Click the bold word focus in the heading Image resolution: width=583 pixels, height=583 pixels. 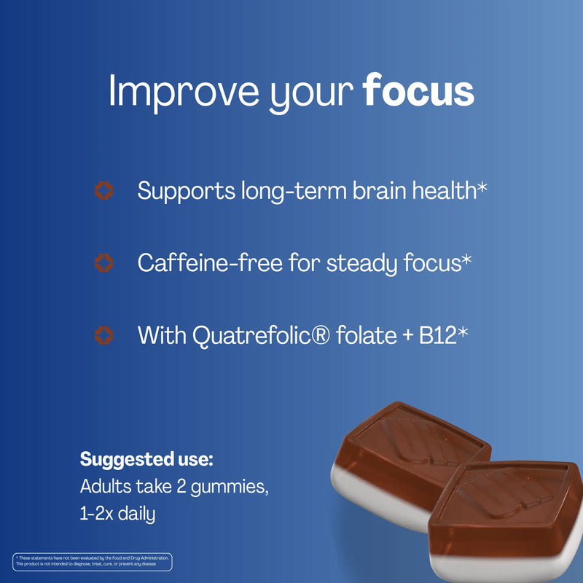point(418,92)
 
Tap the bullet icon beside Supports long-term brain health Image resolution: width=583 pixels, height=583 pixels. point(105,192)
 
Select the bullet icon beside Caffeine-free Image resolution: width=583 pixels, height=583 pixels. point(105,263)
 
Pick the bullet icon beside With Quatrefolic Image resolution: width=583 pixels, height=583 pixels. point(105,335)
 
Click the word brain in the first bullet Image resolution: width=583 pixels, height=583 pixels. point(369,191)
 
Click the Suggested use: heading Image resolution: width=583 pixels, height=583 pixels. point(146,460)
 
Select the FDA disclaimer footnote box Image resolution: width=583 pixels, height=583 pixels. point(93,561)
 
